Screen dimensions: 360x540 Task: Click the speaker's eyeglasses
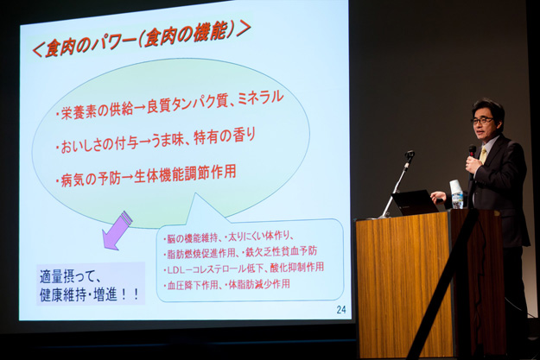(481, 121)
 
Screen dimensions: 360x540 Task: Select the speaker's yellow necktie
(483, 154)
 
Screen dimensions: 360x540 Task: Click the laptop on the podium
(415, 203)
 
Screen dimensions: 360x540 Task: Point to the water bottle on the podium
(458, 200)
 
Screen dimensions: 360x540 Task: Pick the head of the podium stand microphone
(410, 155)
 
